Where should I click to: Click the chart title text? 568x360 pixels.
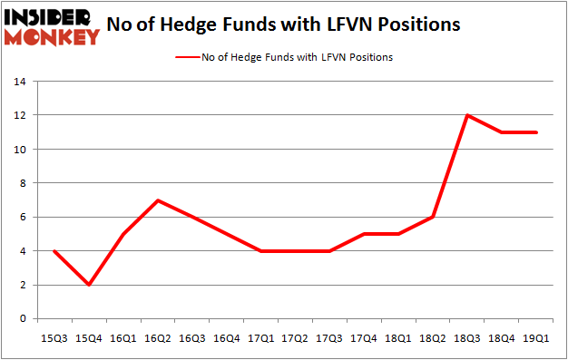tap(282, 24)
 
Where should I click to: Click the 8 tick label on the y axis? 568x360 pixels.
tap(21, 183)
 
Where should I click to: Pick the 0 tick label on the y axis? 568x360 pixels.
tap(21, 319)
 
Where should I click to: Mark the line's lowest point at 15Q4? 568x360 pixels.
tap(88, 285)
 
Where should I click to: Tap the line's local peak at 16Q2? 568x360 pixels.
tap(158, 200)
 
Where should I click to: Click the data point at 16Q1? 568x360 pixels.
tap(123, 234)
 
